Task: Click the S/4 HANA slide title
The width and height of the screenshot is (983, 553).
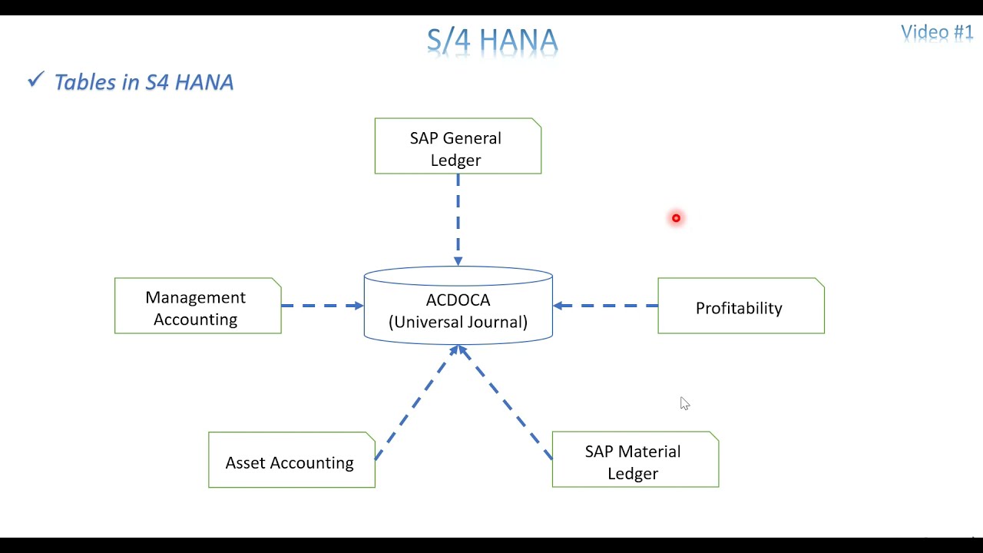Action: [x=492, y=41]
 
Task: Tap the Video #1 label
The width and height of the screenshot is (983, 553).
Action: [x=937, y=32]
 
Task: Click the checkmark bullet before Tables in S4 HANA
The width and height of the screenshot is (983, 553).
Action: [x=35, y=80]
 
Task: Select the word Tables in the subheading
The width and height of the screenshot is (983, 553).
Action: [x=85, y=82]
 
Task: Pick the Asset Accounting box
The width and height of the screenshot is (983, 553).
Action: [x=291, y=460]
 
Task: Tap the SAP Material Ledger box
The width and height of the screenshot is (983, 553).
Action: [x=635, y=460]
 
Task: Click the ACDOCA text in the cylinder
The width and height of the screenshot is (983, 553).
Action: [x=458, y=300]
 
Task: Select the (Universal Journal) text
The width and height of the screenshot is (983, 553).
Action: [x=458, y=322]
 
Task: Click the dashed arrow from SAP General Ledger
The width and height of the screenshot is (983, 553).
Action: [x=458, y=219]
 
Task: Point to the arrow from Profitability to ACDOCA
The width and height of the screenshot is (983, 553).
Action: [x=605, y=306]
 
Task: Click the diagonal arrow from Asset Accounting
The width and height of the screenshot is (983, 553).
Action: [x=416, y=402]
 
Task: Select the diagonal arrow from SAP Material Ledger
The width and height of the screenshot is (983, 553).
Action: [x=505, y=402]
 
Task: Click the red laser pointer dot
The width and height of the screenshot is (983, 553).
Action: [x=676, y=218]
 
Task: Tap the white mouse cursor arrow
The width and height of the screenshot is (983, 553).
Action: [x=684, y=403]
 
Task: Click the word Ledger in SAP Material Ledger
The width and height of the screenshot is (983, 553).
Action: [x=633, y=474]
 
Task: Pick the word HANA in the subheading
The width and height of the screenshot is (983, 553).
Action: [x=203, y=82]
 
